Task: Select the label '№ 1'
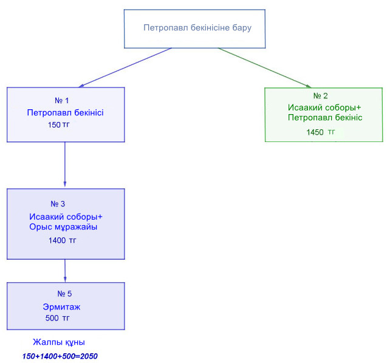click(62, 100)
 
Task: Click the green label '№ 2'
click(320, 96)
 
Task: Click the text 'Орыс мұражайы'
click(63, 227)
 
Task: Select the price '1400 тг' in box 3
click(63, 240)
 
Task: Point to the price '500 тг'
click(58, 318)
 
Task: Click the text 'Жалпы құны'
click(59, 342)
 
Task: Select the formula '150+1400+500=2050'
click(60, 356)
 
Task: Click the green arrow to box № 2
click(264, 68)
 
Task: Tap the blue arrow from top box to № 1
click(125, 67)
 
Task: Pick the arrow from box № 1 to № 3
click(65, 165)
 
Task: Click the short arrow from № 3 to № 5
click(65, 271)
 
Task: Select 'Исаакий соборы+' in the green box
click(324, 107)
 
